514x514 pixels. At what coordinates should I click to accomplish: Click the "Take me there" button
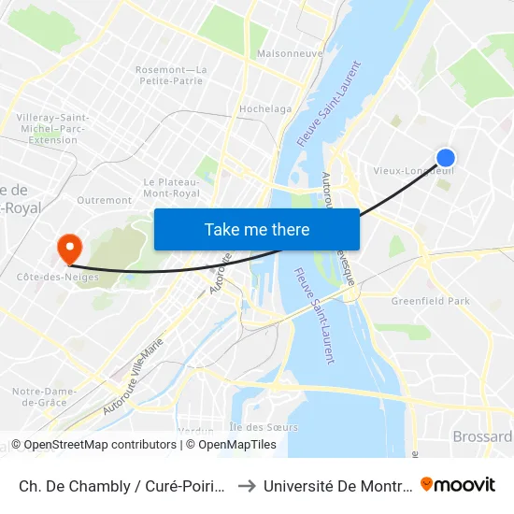(x=257, y=229)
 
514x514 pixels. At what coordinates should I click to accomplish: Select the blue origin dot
(x=446, y=158)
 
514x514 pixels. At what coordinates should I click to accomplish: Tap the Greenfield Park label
(x=431, y=302)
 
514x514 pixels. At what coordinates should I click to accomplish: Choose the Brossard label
(x=482, y=436)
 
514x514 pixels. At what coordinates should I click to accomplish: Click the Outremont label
(x=104, y=200)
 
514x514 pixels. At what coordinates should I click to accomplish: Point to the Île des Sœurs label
(x=264, y=427)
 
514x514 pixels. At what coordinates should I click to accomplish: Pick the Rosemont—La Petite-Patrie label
(x=171, y=75)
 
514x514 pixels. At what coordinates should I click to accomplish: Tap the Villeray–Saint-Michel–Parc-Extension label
(x=53, y=128)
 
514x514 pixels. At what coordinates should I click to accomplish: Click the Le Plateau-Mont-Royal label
(x=171, y=187)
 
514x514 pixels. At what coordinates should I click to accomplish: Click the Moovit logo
(x=458, y=484)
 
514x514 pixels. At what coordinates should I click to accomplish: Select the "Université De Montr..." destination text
(x=337, y=485)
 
